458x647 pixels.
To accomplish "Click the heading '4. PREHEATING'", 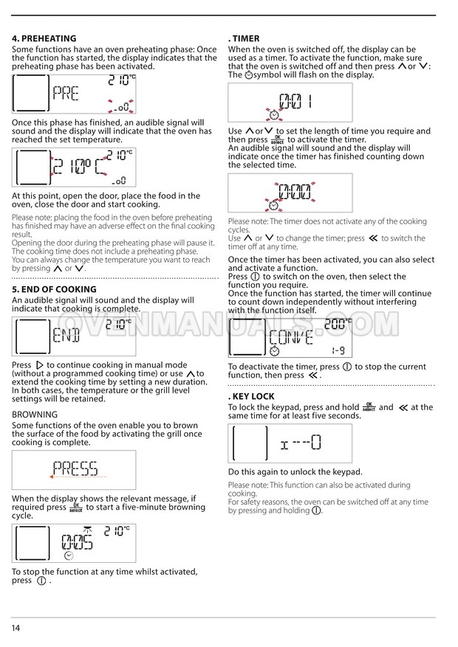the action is coord(44,38).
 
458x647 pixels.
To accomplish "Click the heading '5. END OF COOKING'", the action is coord(54,289).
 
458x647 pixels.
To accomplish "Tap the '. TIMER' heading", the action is coord(244,38).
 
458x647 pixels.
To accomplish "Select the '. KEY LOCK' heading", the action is coord(251,396).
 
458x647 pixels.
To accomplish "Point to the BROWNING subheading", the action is coord(35,415).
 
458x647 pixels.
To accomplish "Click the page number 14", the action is coord(16,628).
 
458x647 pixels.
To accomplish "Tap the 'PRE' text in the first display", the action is coord(66,94).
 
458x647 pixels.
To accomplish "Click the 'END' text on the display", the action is coord(66,335).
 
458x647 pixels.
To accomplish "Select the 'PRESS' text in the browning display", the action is coord(75,468).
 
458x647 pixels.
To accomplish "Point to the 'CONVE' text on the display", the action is coord(291,338).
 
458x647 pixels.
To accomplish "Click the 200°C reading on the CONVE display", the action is coord(338,324).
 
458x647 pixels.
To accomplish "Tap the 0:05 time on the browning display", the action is coord(77,542).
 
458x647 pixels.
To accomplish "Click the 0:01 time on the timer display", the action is coord(295,101).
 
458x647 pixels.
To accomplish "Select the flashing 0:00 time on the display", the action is coord(295,192).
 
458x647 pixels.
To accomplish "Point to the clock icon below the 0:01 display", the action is coord(274,114).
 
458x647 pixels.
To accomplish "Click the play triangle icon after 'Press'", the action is coord(40,365).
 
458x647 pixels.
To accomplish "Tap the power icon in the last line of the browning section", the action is coord(41,581).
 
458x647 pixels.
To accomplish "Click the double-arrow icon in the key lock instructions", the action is coord(403,408).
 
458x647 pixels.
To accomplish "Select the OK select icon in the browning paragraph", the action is coord(76,508).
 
